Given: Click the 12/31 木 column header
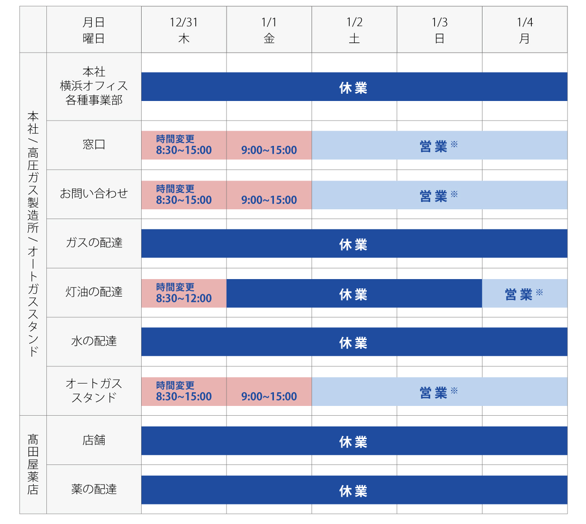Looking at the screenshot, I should [x=184, y=30].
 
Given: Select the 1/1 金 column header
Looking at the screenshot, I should [x=269, y=30].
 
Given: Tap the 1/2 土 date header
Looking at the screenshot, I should [x=354, y=30].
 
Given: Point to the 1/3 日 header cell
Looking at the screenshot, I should [x=439, y=30].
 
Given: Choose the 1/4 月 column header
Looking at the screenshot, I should [x=524, y=30].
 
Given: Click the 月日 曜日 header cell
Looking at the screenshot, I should [x=94, y=30].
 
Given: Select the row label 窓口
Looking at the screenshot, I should [x=94, y=145].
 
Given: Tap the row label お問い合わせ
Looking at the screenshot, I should [x=94, y=194].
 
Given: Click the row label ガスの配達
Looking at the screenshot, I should [x=94, y=243].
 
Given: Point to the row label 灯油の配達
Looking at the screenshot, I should [x=94, y=292].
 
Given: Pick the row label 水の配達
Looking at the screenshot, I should [x=94, y=342].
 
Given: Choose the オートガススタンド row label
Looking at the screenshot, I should [x=94, y=391].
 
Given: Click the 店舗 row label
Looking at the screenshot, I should [x=94, y=440].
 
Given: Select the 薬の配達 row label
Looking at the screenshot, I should [x=94, y=489].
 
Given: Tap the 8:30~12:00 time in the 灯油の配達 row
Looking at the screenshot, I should [x=184, y=299].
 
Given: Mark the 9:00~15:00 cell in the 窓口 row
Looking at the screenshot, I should [x=269, y=150].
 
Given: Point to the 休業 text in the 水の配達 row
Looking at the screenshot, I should [x=353, y=343].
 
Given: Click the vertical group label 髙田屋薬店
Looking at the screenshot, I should [x=33, y=464].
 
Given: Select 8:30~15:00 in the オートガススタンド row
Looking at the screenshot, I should [x=184, y=397].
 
